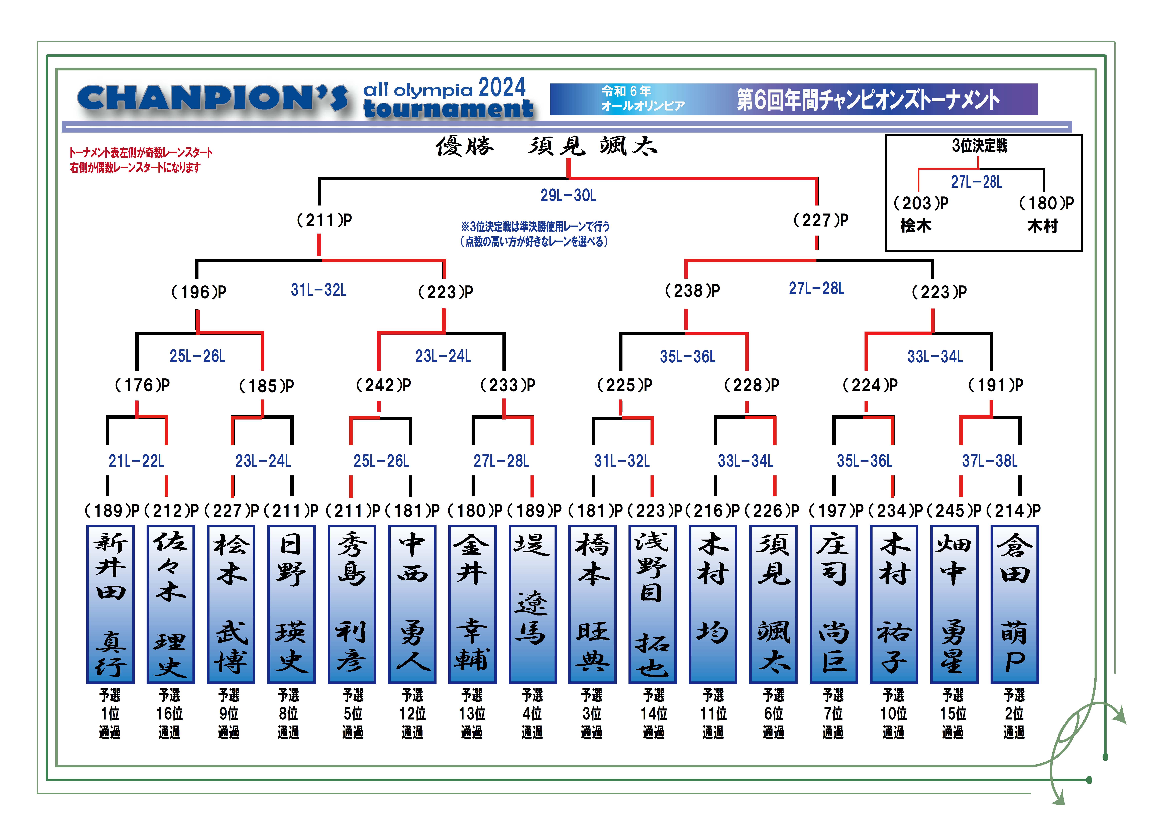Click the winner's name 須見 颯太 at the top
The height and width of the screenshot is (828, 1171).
click(x=593, y=146)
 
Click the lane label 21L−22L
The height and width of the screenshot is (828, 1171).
click(x=136, y=461)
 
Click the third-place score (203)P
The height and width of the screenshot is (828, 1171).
click(x=921, y=203)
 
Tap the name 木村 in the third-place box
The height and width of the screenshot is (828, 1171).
click(x=1042, y=226)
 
